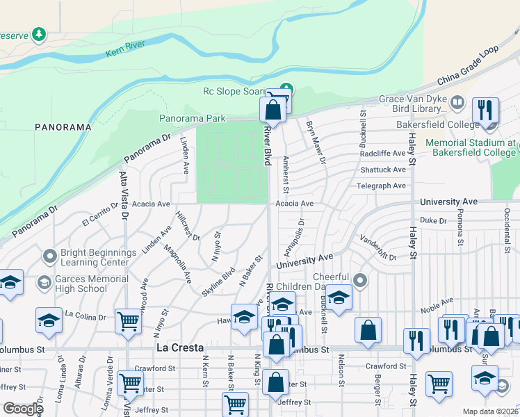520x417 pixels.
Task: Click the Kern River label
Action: (129, 51)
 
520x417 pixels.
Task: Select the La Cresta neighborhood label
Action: (179, 347)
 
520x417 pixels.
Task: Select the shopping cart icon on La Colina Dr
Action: (128, 322)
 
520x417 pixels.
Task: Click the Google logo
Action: (22, 408)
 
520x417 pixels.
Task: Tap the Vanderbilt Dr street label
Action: (377, 248)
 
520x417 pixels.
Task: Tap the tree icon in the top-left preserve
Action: (39, 34)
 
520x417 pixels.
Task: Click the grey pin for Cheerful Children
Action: (359, 280)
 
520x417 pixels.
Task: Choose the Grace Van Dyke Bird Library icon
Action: (457, 104)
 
